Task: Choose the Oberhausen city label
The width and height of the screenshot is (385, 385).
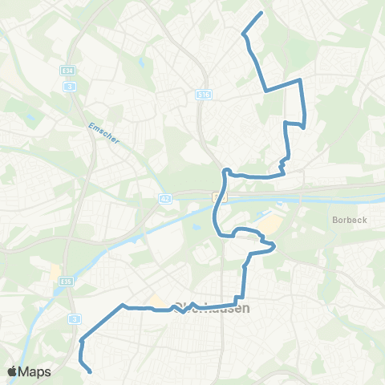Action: point(210,308)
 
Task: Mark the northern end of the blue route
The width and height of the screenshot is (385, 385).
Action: point(261,14)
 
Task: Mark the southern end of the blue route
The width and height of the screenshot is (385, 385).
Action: point(89,371)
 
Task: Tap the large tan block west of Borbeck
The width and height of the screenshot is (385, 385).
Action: point(274,224)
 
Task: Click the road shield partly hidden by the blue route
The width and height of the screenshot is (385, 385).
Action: point(217,196)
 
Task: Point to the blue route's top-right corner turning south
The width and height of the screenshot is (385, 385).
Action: point(300,81)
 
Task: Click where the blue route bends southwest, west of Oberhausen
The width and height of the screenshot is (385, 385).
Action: point(123,306)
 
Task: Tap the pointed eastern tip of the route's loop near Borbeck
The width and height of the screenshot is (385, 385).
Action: point(275,245)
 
